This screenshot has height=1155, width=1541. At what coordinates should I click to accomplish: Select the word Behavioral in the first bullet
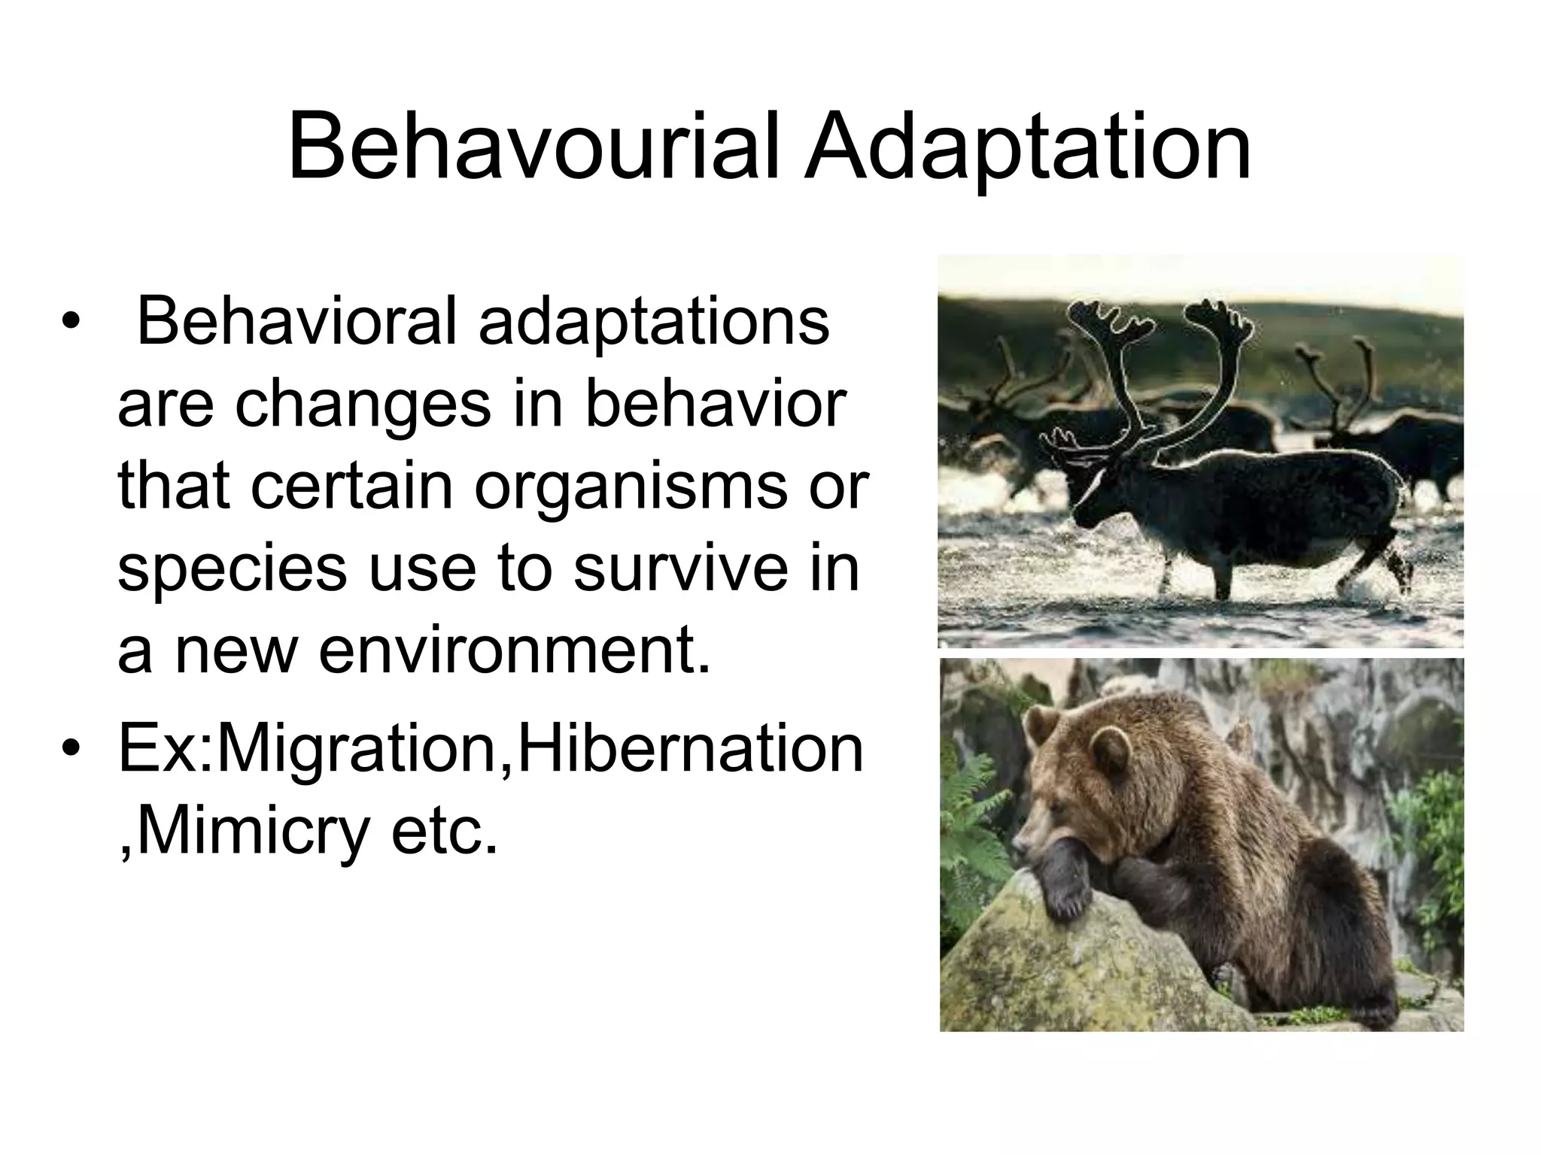coord(296,323)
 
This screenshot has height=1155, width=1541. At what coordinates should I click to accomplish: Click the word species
coord(233,568)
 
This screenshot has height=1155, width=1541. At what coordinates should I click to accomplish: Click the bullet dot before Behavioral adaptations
coord(71,323)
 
